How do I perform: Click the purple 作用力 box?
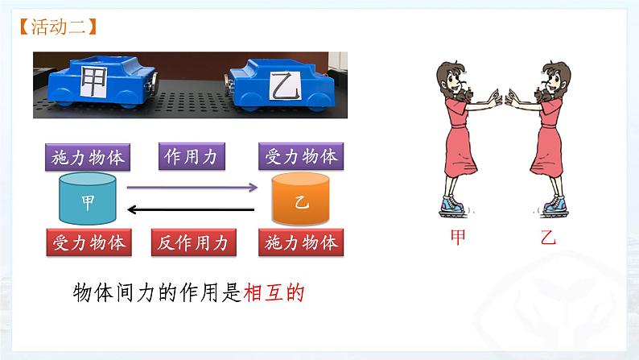194,155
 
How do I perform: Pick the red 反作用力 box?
194,241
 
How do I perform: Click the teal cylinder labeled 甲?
88,199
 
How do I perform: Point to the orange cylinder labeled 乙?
301,199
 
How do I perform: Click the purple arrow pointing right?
192,188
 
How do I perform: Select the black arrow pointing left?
192,212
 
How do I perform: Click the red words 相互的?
274,293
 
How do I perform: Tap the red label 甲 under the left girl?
458,238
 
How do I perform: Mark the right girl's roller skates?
550,208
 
